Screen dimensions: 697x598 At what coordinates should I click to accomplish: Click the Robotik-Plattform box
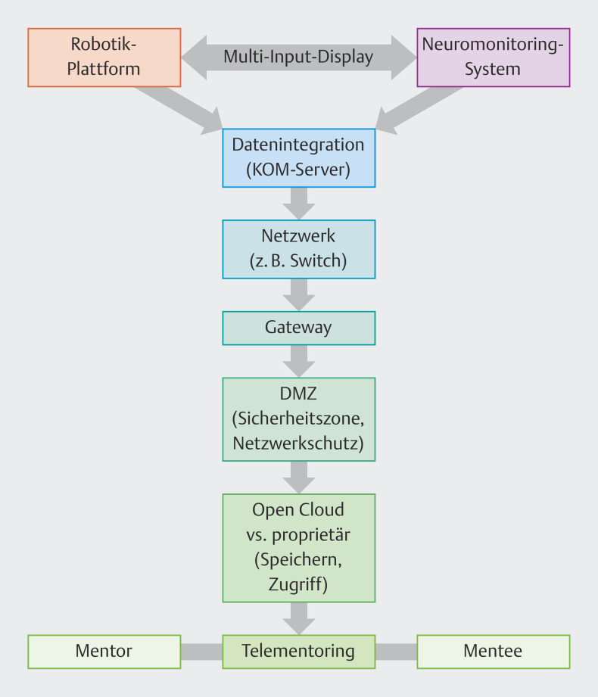104,58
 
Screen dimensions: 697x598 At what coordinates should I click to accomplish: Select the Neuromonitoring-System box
493,58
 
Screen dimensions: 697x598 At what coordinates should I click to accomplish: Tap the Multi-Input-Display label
298,58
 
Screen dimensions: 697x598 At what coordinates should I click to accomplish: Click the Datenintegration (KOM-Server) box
298,158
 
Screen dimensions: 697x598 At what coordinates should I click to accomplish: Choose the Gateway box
298,328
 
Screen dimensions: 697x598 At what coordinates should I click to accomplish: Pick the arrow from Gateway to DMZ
298,361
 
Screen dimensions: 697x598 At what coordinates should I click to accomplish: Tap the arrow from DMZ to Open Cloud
298,475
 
